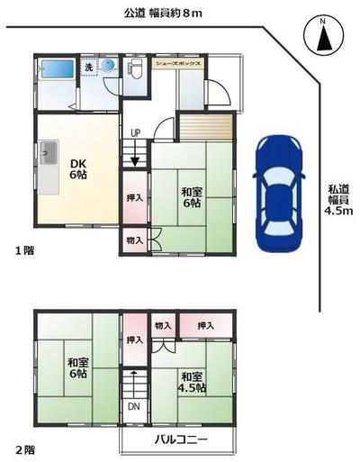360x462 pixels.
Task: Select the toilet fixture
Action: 134,70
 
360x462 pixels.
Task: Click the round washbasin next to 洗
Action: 108,66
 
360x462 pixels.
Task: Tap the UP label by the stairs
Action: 135,134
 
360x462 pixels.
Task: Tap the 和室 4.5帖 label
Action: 191,382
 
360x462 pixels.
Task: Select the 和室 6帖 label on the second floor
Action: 77,368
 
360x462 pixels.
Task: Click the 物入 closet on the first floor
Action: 133,240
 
